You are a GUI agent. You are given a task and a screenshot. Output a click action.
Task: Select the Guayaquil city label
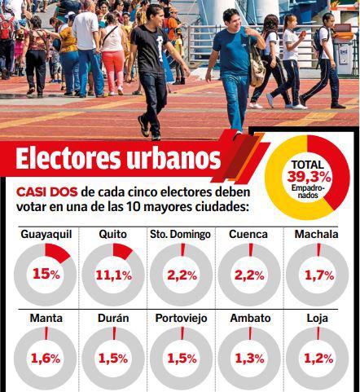pyautogui.click(x=46, y=234)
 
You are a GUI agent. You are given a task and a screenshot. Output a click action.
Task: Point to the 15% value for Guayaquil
pyautogui.click(x=46, y=275)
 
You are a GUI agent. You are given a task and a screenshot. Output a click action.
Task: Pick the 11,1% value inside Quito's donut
pyautogui.click(x=113, y=275)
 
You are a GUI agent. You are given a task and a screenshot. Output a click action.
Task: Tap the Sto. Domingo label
pyautogui.click(x=181, y=234)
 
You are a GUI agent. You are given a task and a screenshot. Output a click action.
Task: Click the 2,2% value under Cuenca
pyautogui.click(x=250, y=275)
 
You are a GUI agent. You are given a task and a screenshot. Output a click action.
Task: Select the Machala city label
pyautogui.click(x=318, y=234)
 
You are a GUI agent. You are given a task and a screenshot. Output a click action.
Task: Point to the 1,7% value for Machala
pyautogui.click(x=318, y=275)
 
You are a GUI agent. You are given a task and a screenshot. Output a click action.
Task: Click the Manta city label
pyautogui.click(x=46, y=318)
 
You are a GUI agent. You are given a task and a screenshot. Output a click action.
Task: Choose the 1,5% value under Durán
pyautogui.click(x=113, y=358)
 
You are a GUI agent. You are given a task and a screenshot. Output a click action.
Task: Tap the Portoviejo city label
pyautogui.click(x=181, y=318)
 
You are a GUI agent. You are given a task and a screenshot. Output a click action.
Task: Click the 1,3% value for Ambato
pyautogui.click(x=250, y=358)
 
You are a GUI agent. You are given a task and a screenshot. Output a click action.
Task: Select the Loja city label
pyautogui.click(x=318, y=318)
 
